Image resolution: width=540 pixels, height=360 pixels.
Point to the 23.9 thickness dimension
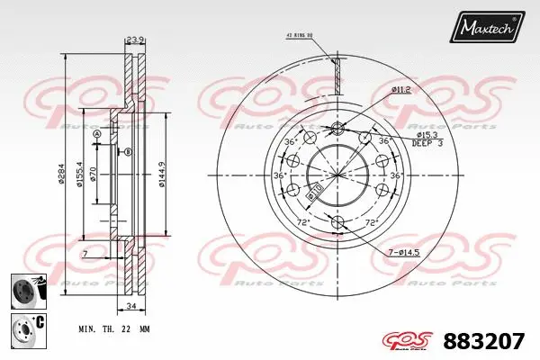pos(135,40)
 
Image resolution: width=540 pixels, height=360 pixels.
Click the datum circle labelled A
pos(97,134)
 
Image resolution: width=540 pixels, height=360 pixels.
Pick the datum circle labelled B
pos(128,152)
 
